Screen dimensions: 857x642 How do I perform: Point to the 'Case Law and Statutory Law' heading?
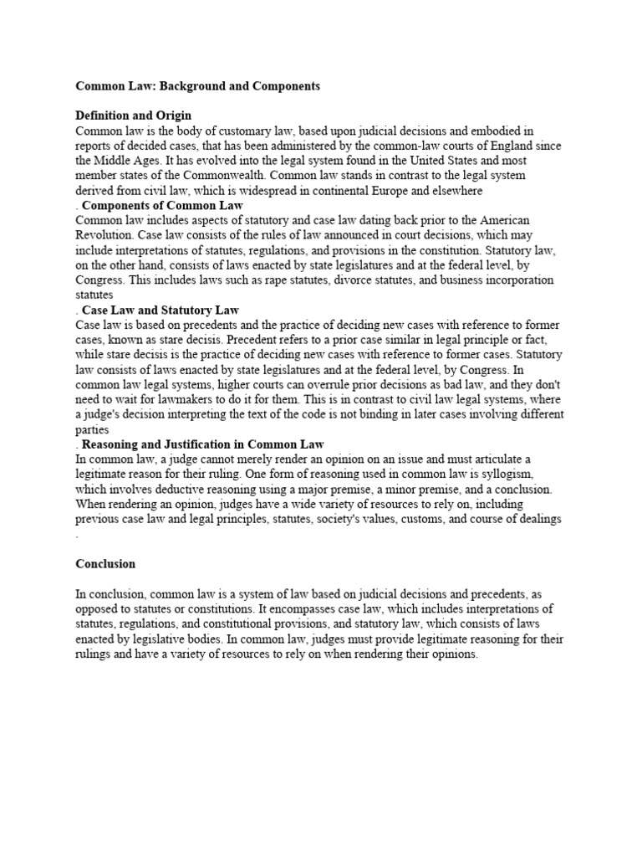coord(160,310)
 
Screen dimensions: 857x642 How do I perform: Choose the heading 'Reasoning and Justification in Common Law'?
coord(203,444)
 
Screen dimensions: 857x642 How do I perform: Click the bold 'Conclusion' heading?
coord(105,564)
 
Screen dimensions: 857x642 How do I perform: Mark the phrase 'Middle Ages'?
coord(127,161)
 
